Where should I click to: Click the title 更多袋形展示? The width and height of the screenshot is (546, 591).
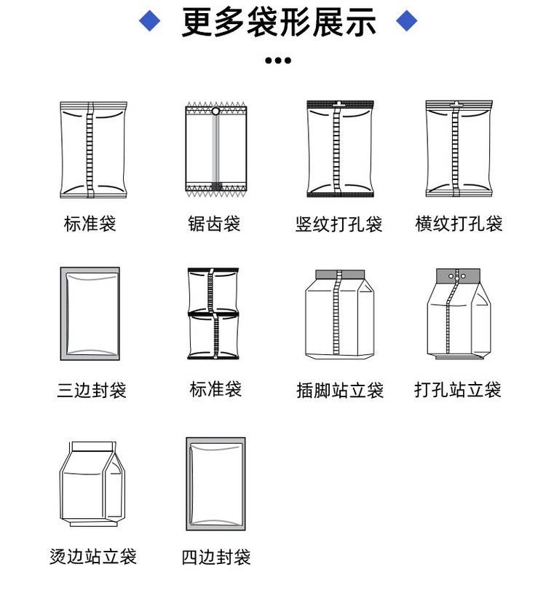[279, 22]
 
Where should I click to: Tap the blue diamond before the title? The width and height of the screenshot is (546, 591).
[149, 20]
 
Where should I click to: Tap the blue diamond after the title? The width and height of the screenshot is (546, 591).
[407, 20]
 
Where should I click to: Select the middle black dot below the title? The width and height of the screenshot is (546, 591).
[278, 60]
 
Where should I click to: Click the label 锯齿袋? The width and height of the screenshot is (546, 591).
[214, 224]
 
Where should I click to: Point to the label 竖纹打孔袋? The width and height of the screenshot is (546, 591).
[339, 224]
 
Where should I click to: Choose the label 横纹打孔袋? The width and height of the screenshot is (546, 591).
[459, 224]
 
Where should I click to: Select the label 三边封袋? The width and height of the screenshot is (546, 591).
[92, 390]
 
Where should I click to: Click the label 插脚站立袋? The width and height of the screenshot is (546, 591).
[340, 390]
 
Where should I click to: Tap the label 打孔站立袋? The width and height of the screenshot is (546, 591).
[458, 389]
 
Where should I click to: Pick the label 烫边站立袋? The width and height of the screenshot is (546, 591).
[93, 556]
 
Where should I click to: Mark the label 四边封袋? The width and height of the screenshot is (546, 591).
[216, 557]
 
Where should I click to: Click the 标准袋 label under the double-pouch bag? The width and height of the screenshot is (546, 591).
[215, 389]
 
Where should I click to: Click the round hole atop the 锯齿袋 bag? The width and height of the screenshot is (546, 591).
[215, 111]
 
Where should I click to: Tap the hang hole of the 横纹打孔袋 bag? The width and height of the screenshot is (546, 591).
[457, 103]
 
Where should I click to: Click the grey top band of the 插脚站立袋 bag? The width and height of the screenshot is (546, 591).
[340, 275]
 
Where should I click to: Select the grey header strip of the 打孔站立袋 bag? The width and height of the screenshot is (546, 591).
[458, 276]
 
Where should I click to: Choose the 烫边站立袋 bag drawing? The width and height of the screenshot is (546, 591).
[92, 484]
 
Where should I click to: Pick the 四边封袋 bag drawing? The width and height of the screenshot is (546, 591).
[215, 484]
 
